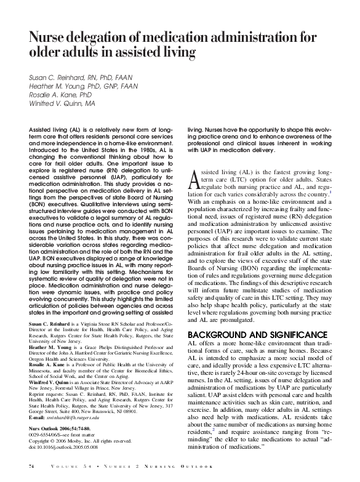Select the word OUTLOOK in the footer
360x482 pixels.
pyautogui.click(x=244, y=469)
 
